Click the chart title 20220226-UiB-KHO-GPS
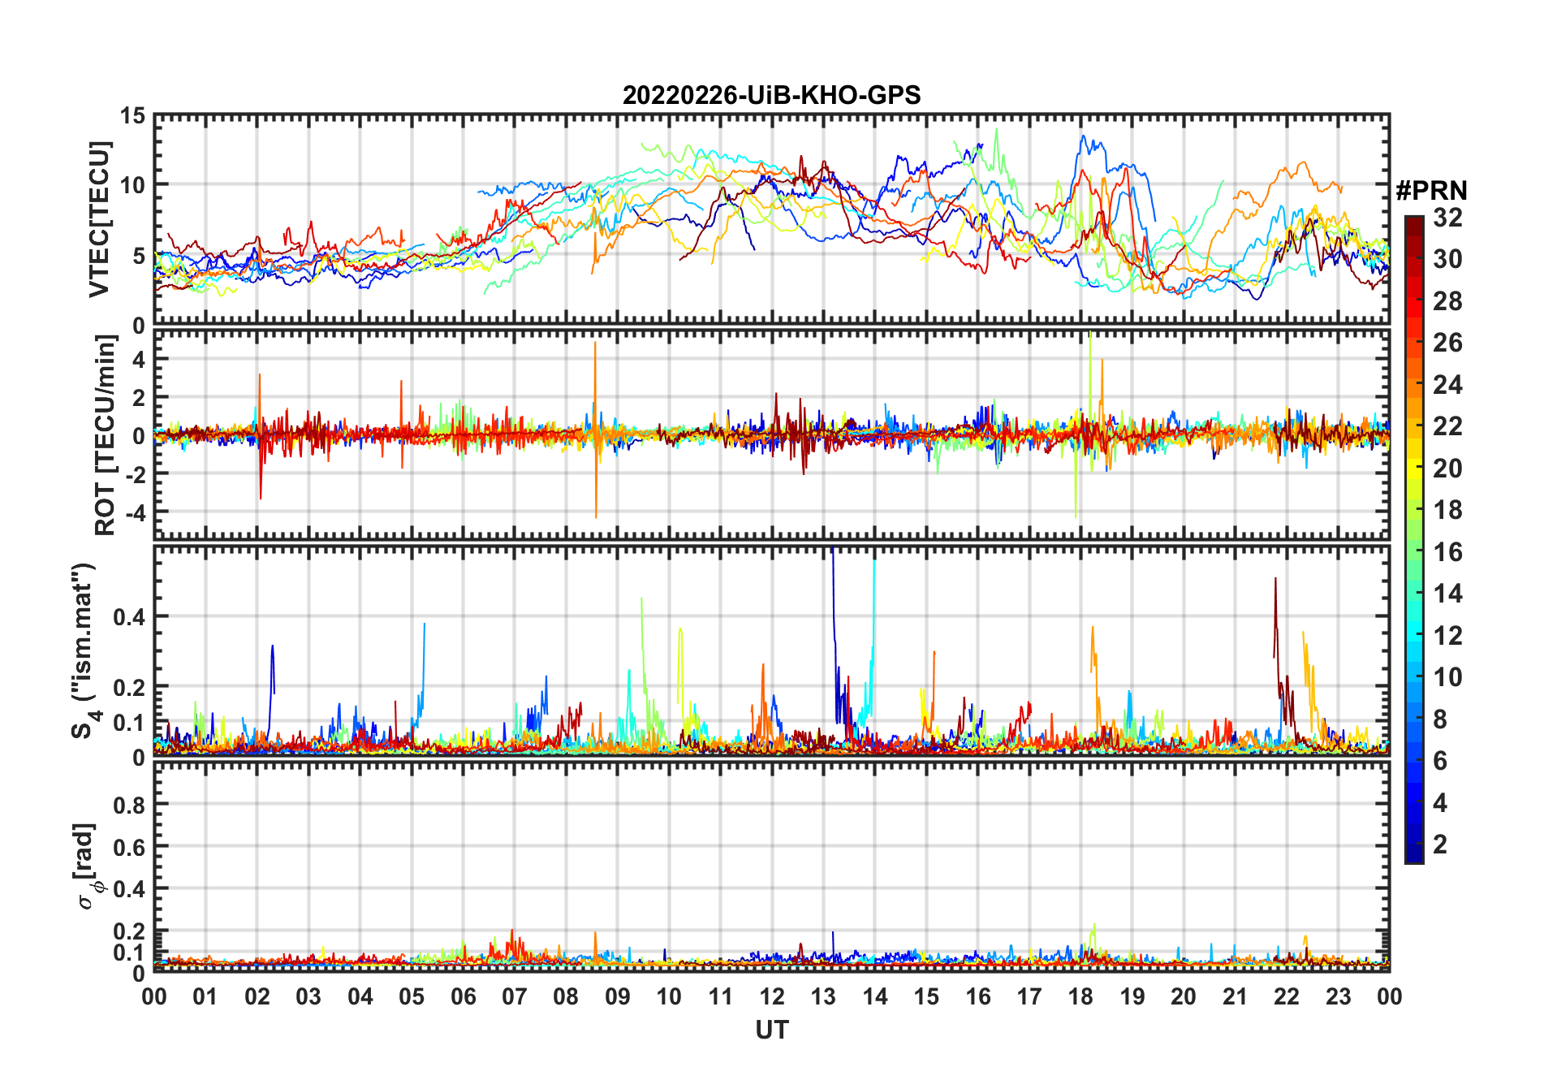coord(771,96)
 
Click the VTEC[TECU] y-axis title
coord(99,220)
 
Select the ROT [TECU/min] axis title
coord(106,435)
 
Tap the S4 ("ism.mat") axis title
coord(84,651)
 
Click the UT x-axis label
coord(771,1030)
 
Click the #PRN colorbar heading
coord(1431,191)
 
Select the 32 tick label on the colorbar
coord(1447,218)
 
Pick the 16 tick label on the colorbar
coord(1447,552)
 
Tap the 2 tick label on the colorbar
coord(1440,845)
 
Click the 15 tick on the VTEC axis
coord(133,116)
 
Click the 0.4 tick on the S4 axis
coord(128,616)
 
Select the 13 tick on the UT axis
coord(823,997)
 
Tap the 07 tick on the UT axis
coord(515,997)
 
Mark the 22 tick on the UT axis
coord(1287,997)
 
